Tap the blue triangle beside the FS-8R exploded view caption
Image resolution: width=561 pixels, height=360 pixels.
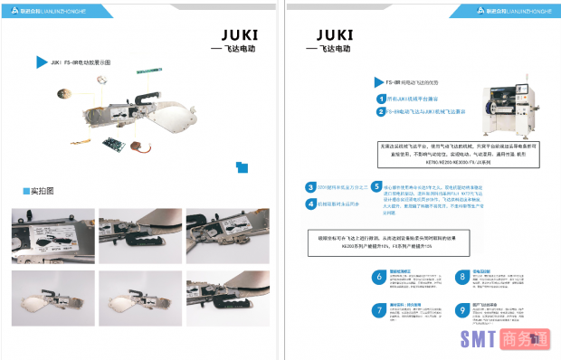pyautogui.click(x=42, y=62)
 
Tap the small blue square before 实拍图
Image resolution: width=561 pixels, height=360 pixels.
pyautogui.click(x=26, y=191)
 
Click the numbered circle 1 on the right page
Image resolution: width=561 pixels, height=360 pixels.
pyautogui.click(x=382, y=98)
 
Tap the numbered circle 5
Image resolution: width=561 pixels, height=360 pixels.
pyautogui.click(x=376, y=186)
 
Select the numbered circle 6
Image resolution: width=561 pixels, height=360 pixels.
pyautogui.click(x=380, y=277)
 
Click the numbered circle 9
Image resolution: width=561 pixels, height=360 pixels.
pyautogui.click(x=462, y=310)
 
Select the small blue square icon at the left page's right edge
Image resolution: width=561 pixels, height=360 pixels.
pyautogui.click(x=240, y=166)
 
